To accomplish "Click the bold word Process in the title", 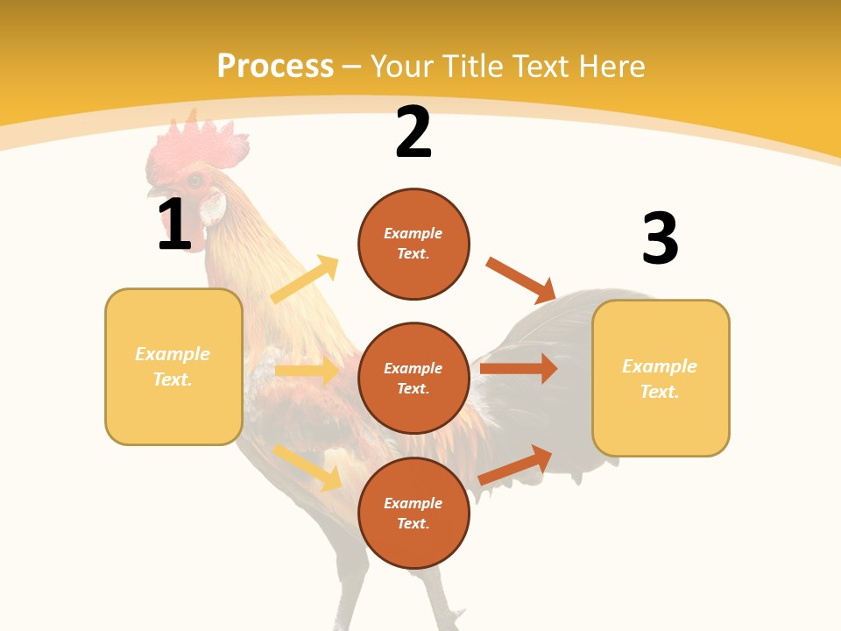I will (275, 67).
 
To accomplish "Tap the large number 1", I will (174, 225).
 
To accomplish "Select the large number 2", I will (413, 132).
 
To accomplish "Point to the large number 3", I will (660, 239).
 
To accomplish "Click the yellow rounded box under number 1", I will (173, 366).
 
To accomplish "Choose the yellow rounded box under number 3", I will (661, 379).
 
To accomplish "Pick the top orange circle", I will (413, 244).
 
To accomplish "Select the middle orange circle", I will (413, 378).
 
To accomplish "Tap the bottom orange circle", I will (413, 513).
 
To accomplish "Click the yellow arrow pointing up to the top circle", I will (305, 280).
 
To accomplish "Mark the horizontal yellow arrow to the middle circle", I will (307, 370).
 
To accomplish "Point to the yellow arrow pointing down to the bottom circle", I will (307, 467).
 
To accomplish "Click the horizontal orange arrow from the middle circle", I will (519, 368).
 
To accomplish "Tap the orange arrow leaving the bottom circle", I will (516, 464).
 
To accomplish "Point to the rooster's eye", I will (194, 181).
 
